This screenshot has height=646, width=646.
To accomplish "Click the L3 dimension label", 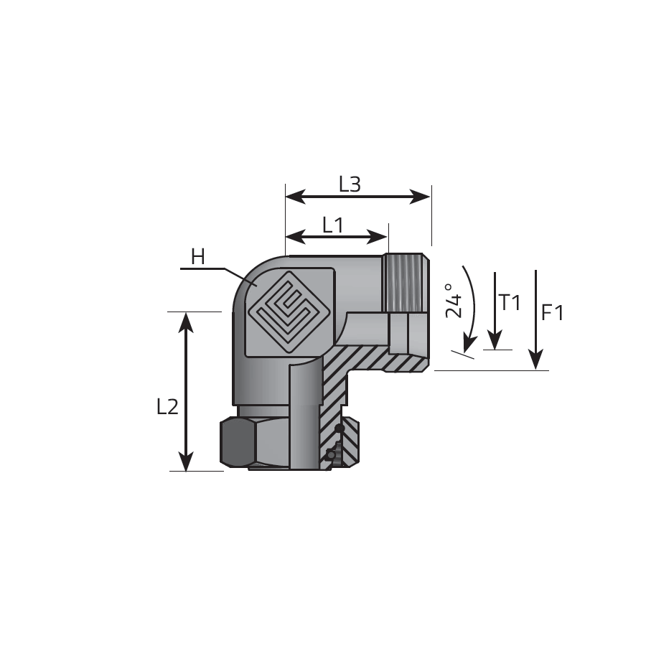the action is click(x=350, y=184).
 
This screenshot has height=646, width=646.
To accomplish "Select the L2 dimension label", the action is click(x=168, y=407).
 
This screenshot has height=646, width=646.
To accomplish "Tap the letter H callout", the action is click(x=198, y=257).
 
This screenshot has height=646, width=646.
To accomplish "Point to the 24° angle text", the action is click(x=454, y=300).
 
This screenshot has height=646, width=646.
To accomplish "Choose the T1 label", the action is click(x=510, y=302).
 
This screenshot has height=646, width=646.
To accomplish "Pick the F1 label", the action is click(x=552, y=313).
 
